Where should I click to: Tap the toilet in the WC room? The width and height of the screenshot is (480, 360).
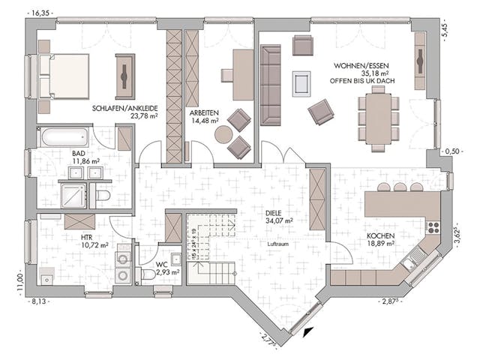pos(148,274)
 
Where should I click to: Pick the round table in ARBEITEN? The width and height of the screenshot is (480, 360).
pos(223,135)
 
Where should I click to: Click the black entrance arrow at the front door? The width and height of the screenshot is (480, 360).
pos(310,328)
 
